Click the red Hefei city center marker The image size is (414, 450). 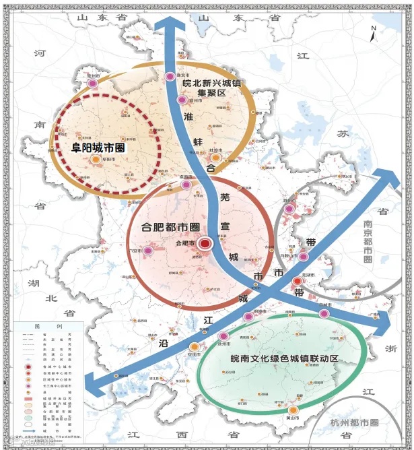[x=206, y=243]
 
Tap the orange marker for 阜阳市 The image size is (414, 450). [x=96, y=159]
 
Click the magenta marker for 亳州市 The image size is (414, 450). [x=93, y=84]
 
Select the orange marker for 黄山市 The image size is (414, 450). [x=293, y=410]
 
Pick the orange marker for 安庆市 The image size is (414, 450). [x=185, y=346]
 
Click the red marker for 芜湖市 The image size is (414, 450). [x=297, y=281]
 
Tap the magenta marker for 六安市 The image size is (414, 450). [x=149, y=251]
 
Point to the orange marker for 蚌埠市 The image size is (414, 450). [x=215, y=157]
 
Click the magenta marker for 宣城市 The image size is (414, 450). [x=324, y=313]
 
